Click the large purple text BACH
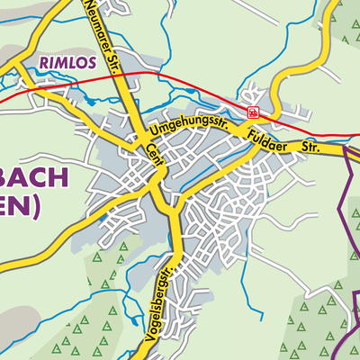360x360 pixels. click(x=40, y=177)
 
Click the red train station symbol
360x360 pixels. click(x=254, y=112)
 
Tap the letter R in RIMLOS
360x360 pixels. click(x=43, y=64)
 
